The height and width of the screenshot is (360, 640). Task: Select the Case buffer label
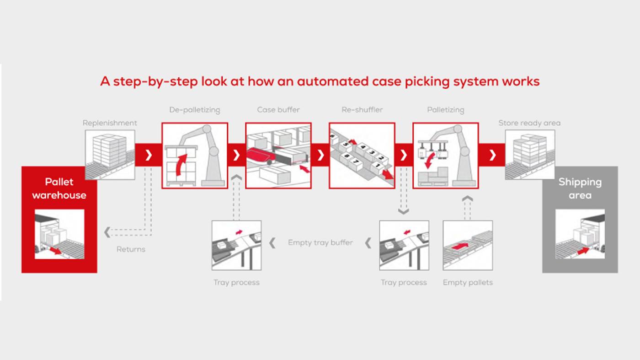click(x=278, y=110)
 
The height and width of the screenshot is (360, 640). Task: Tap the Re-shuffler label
click(x=362, y=110)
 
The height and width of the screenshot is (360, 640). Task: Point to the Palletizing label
click(x=445, y=110)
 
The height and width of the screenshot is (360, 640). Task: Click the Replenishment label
click(x=110, y=123)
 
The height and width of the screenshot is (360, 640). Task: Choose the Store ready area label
click(x=529, y=123)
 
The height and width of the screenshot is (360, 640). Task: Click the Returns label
click(x=131, y=249)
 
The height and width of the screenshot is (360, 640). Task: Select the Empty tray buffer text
click(x=320, y=242)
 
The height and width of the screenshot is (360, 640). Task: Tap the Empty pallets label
click(x=468, y=283)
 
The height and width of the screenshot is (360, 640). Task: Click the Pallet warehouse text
click(x=59, y=188)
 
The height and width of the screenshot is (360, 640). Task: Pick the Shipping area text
click(x=580, y=188)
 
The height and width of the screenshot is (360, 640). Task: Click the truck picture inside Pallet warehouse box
click(x=59, y=234)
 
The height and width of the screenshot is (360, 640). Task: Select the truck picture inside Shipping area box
click(x=580, y=234)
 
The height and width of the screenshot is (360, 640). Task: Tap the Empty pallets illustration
click(x=468, y=245)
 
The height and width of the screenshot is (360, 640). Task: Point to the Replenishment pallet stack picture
click(x=110, y=154)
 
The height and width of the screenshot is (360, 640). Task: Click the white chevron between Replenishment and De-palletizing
click(x=149, y=155)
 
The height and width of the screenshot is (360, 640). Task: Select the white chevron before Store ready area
click(x=492, y=155)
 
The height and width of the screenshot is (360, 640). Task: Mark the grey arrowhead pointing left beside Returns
click(x=107, y=232)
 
